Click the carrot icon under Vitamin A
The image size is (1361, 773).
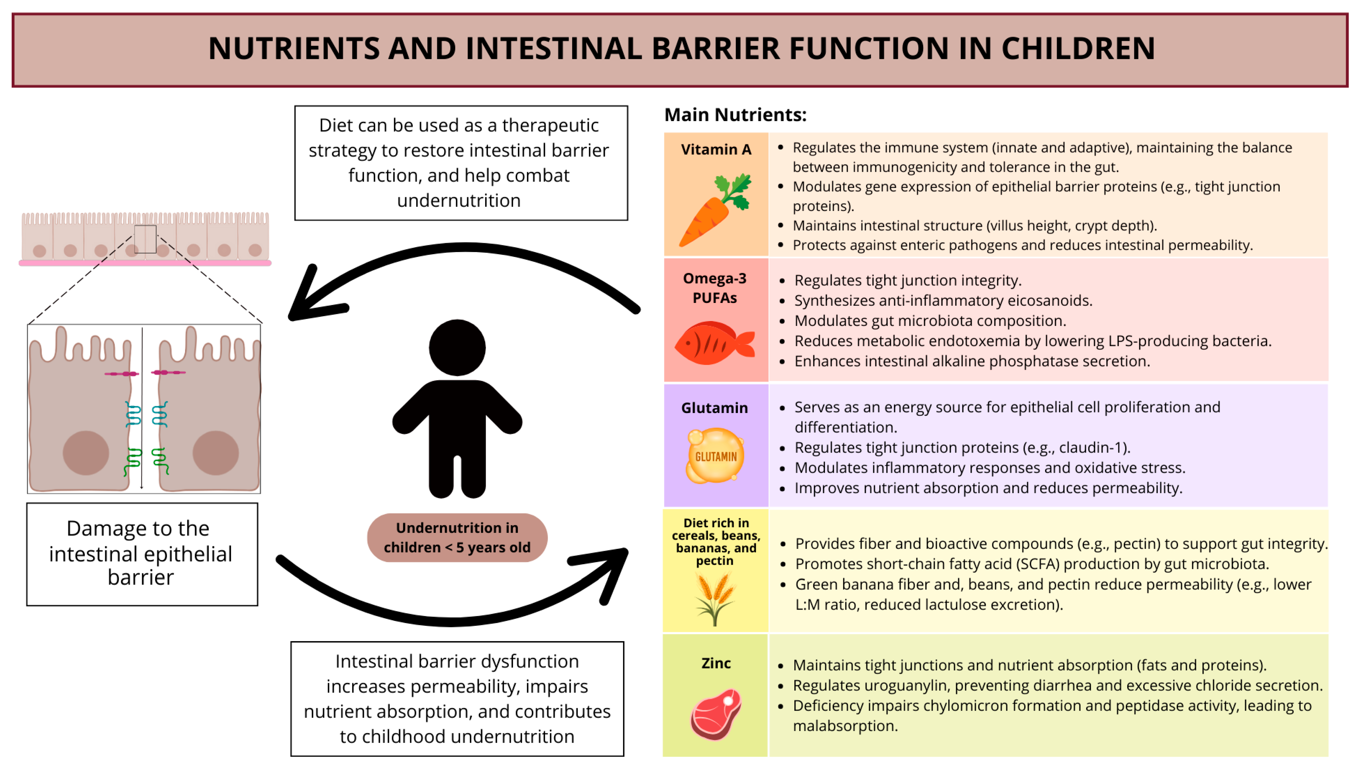click(714, 210)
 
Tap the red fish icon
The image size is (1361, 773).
click(714, 343)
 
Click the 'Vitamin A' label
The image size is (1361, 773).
click(716, 150)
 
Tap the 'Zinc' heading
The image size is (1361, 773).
click(716, 663)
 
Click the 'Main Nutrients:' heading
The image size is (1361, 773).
click(735, 115)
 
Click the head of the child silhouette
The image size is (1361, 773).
click(457, 348)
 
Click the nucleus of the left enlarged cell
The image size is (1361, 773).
click(86, 453)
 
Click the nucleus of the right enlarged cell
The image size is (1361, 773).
click(215, 453)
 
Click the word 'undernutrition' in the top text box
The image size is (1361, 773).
click(458, 201)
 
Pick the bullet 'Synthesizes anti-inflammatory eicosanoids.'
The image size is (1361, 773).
click(943, 300)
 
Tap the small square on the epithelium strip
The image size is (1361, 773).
click(145, 239)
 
